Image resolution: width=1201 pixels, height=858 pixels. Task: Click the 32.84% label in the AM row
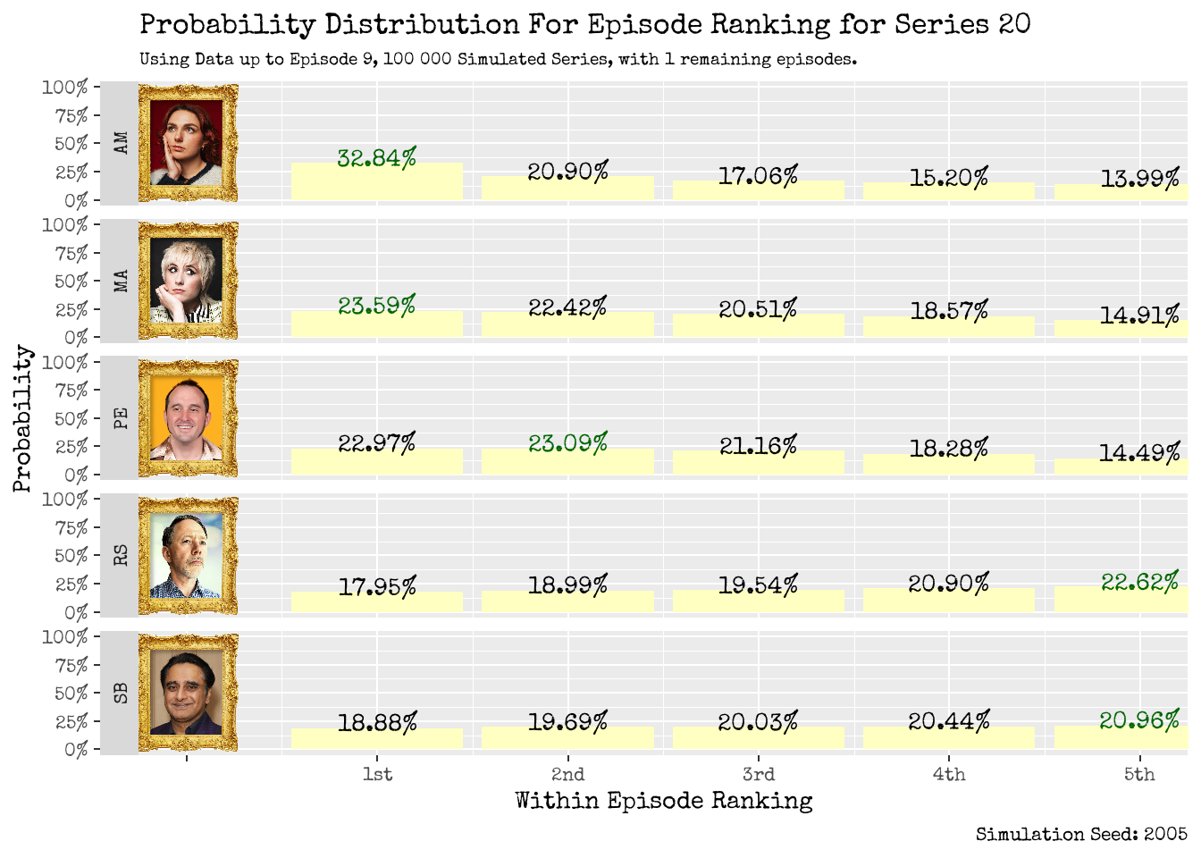pos(376,158)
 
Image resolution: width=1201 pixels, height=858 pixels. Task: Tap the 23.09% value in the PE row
pos(567,442)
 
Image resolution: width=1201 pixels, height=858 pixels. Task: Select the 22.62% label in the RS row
pos(1139,582)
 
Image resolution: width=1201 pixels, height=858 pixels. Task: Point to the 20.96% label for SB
pos(1139,719)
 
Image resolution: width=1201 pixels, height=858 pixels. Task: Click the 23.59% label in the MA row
pos(376,306)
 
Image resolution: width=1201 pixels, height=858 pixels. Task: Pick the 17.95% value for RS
pos(376,586)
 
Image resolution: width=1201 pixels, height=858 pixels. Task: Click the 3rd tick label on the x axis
pos(758,774)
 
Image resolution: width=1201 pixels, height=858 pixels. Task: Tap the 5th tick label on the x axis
pos(1139,774)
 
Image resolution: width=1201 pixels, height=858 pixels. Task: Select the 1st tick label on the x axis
pos(376,774)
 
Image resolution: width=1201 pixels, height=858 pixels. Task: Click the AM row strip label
pos(121,143)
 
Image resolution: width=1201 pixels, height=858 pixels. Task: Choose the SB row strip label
pos(121,693)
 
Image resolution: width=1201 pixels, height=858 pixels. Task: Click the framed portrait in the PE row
pos(188,418)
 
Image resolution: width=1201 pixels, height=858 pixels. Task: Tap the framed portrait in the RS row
pos(188,556)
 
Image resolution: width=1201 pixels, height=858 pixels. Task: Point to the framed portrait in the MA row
pos(188,281)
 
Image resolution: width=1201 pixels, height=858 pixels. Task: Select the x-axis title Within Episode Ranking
pos(663,801)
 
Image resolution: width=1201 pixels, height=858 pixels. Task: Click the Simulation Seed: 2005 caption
pos(1081,834)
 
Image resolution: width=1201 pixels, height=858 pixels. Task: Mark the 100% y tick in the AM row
pos(65,88)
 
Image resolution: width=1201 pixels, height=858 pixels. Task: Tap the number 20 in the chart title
pos(1014,24)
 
